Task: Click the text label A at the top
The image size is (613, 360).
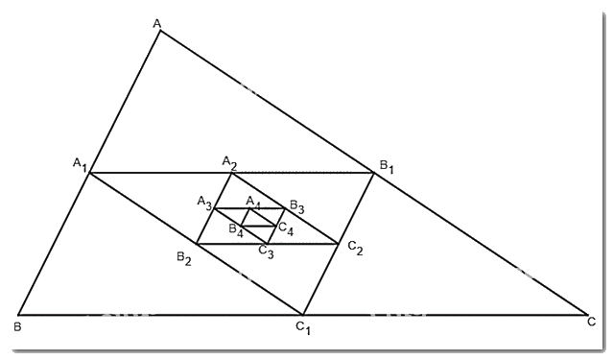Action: click(157, 20)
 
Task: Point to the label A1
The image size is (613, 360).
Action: click(80, 164)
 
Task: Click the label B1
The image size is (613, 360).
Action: click(386, 167)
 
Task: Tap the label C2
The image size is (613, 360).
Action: click(355, 249)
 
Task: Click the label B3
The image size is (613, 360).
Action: click(296, 207)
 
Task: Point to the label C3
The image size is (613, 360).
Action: click(266, 252)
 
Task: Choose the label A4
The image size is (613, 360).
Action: click(253, 202)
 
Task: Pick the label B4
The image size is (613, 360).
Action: click(235, 230)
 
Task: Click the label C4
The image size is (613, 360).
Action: click(285, 229)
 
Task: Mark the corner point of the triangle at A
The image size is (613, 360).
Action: click(160, 31)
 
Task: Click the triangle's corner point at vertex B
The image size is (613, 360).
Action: click(19, 315)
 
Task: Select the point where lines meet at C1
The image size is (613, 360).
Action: click(303, 315)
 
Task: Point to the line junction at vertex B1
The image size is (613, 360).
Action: click(372, 173)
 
